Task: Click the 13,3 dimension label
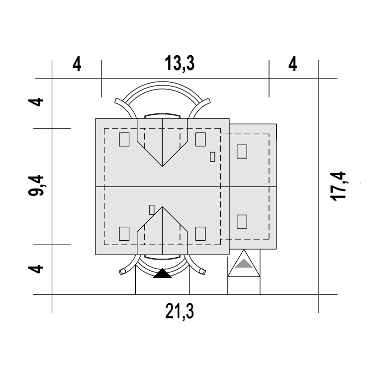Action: coord(180,64)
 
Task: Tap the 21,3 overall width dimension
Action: coord(180,311)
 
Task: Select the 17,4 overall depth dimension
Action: coord(338,186)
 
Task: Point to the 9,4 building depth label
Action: coord(36,186)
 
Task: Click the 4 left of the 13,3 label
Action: coord(77,64)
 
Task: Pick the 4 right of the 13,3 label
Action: coord(292,64)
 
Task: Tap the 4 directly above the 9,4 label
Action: coord(36,102)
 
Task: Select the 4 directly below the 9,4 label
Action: coord(36,269)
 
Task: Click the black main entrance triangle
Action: coord(162,274)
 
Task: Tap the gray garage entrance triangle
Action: coord(244,264)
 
